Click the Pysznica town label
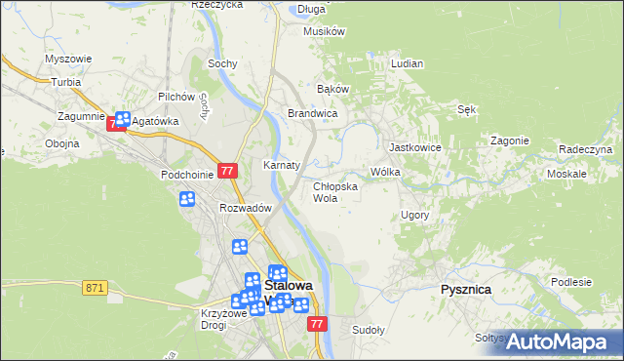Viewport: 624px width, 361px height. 465,290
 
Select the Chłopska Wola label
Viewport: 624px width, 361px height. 334,191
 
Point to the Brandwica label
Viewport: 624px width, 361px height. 312,114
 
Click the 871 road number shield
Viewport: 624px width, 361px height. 95,288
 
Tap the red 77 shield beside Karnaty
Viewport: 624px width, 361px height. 228,171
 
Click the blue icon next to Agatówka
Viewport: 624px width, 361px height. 122,120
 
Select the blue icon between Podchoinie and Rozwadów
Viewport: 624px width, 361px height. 187,199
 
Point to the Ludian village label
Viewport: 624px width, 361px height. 407,63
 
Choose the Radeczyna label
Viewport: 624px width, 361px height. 585,149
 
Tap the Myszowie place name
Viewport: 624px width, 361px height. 68,59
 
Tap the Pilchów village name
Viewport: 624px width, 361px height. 178,98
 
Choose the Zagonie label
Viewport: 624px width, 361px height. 509,140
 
